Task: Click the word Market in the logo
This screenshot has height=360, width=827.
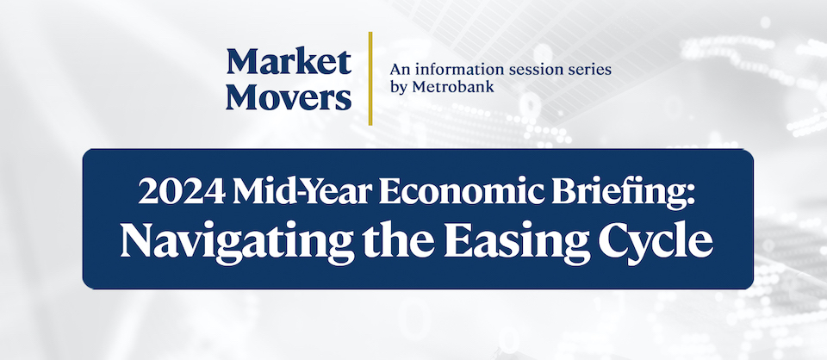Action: [x=289, y=62]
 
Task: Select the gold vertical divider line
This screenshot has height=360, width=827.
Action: [x=370, y=78]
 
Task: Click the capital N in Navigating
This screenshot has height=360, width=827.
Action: [x=137, y=239]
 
